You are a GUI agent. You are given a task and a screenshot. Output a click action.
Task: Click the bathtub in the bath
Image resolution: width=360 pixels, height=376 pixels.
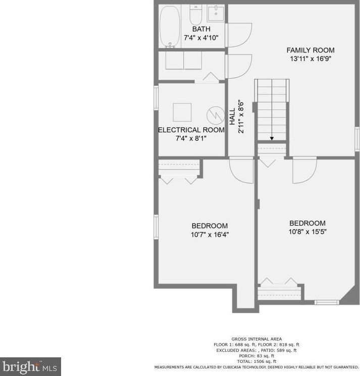pyautogui.click(x=170, y=27)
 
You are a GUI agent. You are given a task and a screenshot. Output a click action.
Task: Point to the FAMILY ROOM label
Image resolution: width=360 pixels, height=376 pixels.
pyautogui.click(x=310, y=50)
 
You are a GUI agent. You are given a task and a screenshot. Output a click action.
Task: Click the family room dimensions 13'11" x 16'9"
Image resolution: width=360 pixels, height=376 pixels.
pyautogui.click(x=310, y=59)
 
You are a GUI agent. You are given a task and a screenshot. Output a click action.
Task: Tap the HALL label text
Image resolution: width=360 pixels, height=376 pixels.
pyautogui.click(x=232, y=117)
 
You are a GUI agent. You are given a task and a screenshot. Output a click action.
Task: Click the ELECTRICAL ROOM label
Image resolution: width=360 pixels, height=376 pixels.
pyautogui.click(x=191, y=130)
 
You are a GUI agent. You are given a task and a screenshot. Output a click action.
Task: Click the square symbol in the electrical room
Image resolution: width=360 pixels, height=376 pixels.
pyautogui.click(x=182, y=111)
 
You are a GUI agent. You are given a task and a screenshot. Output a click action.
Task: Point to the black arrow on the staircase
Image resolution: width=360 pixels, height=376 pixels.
pyautogui.click(x=272, y=138)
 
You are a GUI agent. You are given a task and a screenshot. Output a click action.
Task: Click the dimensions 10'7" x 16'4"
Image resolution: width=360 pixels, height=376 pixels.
pyautogui.click(x=209, y=235)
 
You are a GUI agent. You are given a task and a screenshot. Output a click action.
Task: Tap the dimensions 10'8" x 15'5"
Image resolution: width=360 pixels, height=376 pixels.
pyautogui.click(x=307, y=232)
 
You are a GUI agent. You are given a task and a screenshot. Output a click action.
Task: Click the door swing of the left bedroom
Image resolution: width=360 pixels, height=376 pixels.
pyautogui.click(x=241, y=171)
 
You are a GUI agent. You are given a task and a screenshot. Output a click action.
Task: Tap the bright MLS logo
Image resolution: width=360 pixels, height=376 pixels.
pyautogui.click(x=30, y=366)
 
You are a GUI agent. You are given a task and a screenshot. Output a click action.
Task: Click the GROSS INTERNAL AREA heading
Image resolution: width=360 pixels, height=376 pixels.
pyautogui.click(x=256, y=339)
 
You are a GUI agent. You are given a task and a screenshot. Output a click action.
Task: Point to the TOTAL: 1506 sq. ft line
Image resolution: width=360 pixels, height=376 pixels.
pyautogui.click(x=256, y=361)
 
